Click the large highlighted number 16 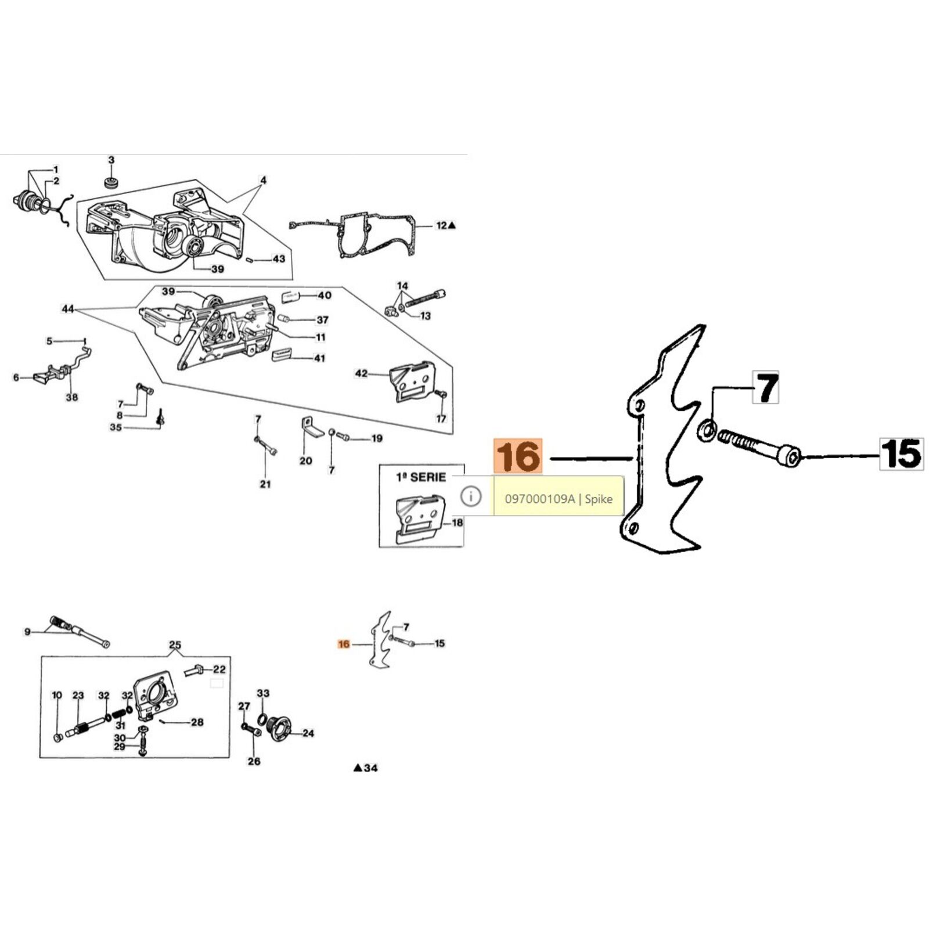[518, 456]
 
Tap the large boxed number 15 [901, 453]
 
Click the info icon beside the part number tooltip [471, 496]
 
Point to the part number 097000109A [539, 498]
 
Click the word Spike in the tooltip [599, 499]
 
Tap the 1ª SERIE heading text [421, 477]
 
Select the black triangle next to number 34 [358, 768]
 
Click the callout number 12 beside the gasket [441, 225]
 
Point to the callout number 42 [361, 373]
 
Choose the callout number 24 [308, 733]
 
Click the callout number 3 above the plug [111, 160]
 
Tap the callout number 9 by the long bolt [27, 632]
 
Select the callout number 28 [197, 722]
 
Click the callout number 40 [325, 295]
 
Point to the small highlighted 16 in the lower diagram [344, 644]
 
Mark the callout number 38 [72, 397]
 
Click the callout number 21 [265, 484]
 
